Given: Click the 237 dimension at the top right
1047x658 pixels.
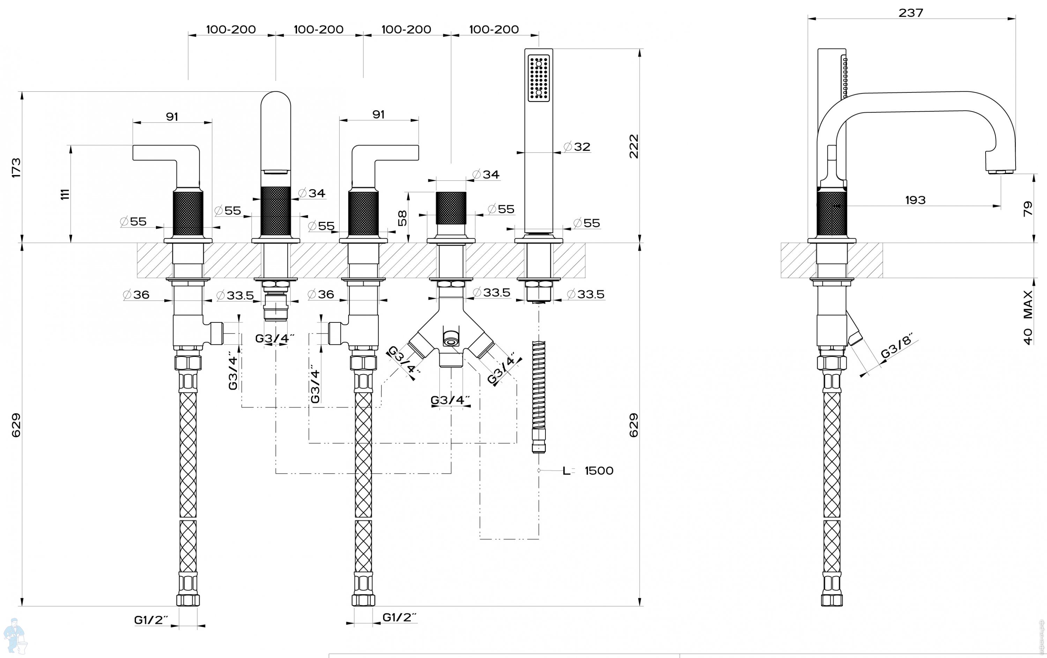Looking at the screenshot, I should click(x=911, y=13).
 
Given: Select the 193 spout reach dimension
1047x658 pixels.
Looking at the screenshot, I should click(x=915, y=200).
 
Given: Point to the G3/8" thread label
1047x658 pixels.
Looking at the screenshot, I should click(x=896, y=346).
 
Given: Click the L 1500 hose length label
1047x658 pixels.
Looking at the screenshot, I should click(x=588, y=471).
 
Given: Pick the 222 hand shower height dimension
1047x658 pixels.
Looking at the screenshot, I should click(x=634, y=146).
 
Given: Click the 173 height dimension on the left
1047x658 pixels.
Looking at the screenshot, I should click(x=16, y=167).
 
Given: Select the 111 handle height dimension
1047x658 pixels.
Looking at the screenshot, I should click(x=65, y=194).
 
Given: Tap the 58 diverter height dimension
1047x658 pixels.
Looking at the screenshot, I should click(x=403, y=218).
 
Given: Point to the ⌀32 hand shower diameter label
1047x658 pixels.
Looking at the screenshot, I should click(x=577, y=147).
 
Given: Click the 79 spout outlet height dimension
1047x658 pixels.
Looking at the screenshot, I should click(x=1027, y=209).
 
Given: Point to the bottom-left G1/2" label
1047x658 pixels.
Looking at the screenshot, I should click(x=151, y=620).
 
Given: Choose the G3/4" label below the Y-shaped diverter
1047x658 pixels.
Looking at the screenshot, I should click(x=450, y=400).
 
